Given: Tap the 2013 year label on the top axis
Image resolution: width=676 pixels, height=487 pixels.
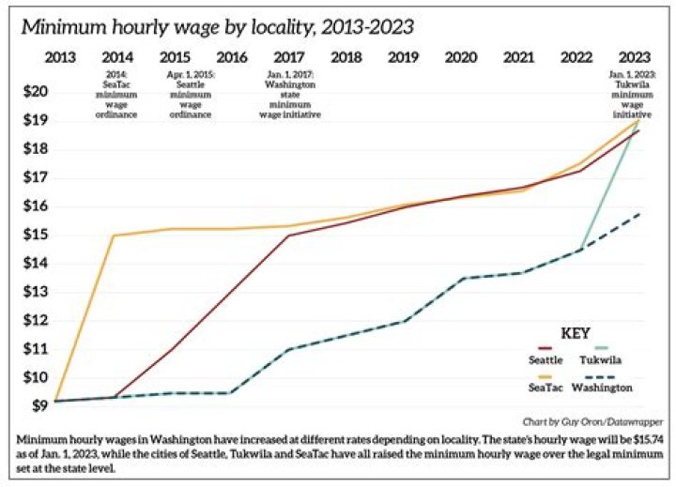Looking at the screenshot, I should click(60, 57).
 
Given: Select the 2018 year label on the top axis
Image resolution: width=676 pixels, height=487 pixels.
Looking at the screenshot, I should click(346, 57).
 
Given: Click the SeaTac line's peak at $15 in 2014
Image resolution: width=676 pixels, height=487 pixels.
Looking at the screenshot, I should click(115, 236).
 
